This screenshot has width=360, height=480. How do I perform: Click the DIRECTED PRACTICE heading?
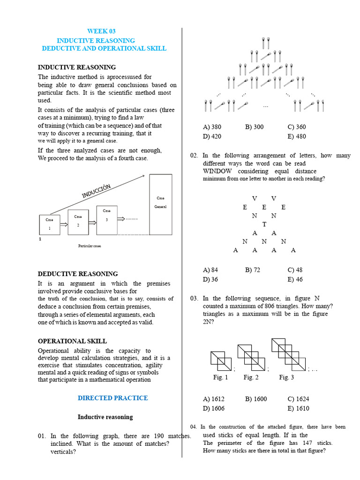pos(112,398)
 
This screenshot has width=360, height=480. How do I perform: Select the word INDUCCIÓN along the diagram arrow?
pos(97,191)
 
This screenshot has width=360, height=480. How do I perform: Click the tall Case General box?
pos(161,204)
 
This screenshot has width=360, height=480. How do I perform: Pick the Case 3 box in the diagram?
pos(107,219)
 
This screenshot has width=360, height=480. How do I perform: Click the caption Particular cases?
pos(90,246)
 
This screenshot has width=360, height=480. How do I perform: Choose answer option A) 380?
pos(212,127)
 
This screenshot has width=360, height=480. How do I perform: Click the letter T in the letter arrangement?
pos(264,224)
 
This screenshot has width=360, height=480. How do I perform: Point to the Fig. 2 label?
pos(251,377)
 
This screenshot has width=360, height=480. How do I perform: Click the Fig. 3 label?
pos(286,377)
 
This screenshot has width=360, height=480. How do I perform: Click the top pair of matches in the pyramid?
pos(265,42)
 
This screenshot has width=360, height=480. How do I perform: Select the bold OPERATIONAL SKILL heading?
pos(72,341)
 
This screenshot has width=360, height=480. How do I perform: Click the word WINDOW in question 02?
pos(217,171)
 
